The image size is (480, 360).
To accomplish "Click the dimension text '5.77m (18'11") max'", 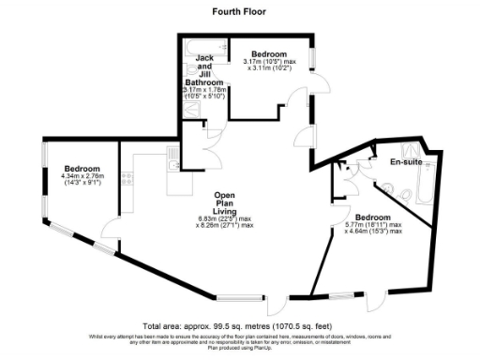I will click(374, 225).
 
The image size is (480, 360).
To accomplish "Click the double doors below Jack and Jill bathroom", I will click(200, 146).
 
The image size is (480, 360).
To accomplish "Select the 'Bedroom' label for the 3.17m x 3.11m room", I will click(268, 52).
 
